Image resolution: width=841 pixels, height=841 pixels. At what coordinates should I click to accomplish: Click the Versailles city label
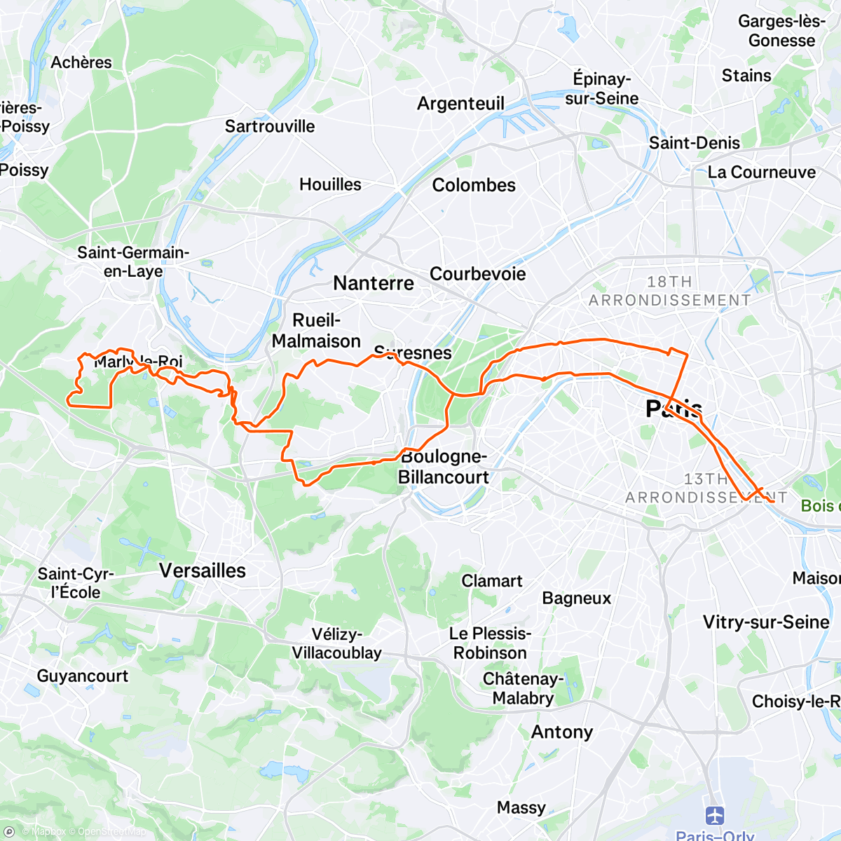pyautogui.click(x=203, y=570)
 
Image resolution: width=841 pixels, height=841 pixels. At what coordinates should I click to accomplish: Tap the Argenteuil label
pyautogui.click(x=460, y=104)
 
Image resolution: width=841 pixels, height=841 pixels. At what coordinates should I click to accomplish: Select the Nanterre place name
pyautogui.click(x=374, y=283)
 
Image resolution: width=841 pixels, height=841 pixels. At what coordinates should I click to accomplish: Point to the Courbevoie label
pyautogui.click(x=477, y=273)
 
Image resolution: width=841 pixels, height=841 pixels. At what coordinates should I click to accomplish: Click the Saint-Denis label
pyautogui.click(x=694, y=143)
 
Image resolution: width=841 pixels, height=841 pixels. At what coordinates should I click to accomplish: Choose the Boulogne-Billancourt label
pyautogui.click(x=444, y=467)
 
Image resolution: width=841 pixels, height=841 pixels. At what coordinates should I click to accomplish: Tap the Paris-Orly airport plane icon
pyautogui.click(x=715, y=816)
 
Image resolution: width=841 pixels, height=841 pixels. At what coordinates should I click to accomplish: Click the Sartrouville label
pyautogui.click(x=270, y=126)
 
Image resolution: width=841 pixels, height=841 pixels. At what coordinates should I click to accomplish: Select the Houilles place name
pyautogui.click(x=330, y=184)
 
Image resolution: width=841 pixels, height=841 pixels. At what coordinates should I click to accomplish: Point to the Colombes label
pyautogui.click(x=474, y=185)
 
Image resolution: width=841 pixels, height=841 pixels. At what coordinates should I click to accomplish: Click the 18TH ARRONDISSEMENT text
pyautogui.click(x=669, y=291)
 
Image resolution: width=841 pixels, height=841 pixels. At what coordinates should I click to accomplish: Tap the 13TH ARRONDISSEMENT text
pyautogui.click(x=706, y=488)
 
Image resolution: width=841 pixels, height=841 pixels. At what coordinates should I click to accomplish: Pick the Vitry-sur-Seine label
pyautogui.click(x=766, y=622)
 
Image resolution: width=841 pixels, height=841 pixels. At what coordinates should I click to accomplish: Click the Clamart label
pyautogui.click(x=492, y=581)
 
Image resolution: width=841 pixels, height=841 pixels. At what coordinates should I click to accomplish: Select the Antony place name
pyautogui.click(x=562, y=732)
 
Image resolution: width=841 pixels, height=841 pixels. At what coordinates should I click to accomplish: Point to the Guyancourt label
pyautogui.click(x=83, y=676)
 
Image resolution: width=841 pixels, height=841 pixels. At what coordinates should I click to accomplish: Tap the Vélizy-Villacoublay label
pyautogui.click(x=336, y=643)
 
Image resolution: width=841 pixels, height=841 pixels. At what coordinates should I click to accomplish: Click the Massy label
pyautogui.click(x=521, y=808)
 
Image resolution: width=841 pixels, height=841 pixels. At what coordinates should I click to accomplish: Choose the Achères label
pyautogui.click(x=81, y=62)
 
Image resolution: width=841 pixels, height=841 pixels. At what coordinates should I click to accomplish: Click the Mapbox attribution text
pyautogui.click(x=48, y=832)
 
